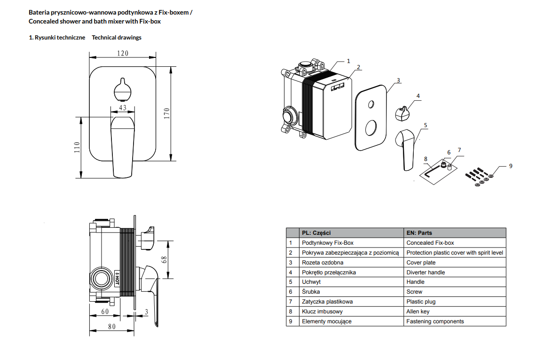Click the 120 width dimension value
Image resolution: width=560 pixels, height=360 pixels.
tap(122, 54)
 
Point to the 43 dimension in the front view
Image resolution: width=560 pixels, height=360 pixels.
tap(122, 108)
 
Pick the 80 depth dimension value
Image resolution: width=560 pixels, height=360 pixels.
tap(111, 327)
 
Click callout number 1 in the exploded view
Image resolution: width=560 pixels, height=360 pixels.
tap(348, 61)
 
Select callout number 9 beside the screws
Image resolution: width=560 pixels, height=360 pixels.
tap(511, 166)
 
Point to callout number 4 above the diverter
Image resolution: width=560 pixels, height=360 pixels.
tap(418, 96)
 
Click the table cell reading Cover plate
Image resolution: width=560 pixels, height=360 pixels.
tap(421, 263)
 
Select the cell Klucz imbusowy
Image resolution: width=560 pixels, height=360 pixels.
tap(322, 312)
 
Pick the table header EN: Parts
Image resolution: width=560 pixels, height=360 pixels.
tap(419, 233)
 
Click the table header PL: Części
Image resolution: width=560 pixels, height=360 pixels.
tap(316, 233)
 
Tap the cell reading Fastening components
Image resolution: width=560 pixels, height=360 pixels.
tap(435, 321)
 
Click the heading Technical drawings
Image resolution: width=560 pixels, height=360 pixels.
tap(117, 38)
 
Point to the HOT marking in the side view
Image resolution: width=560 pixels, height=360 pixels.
tap(118, 277)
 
